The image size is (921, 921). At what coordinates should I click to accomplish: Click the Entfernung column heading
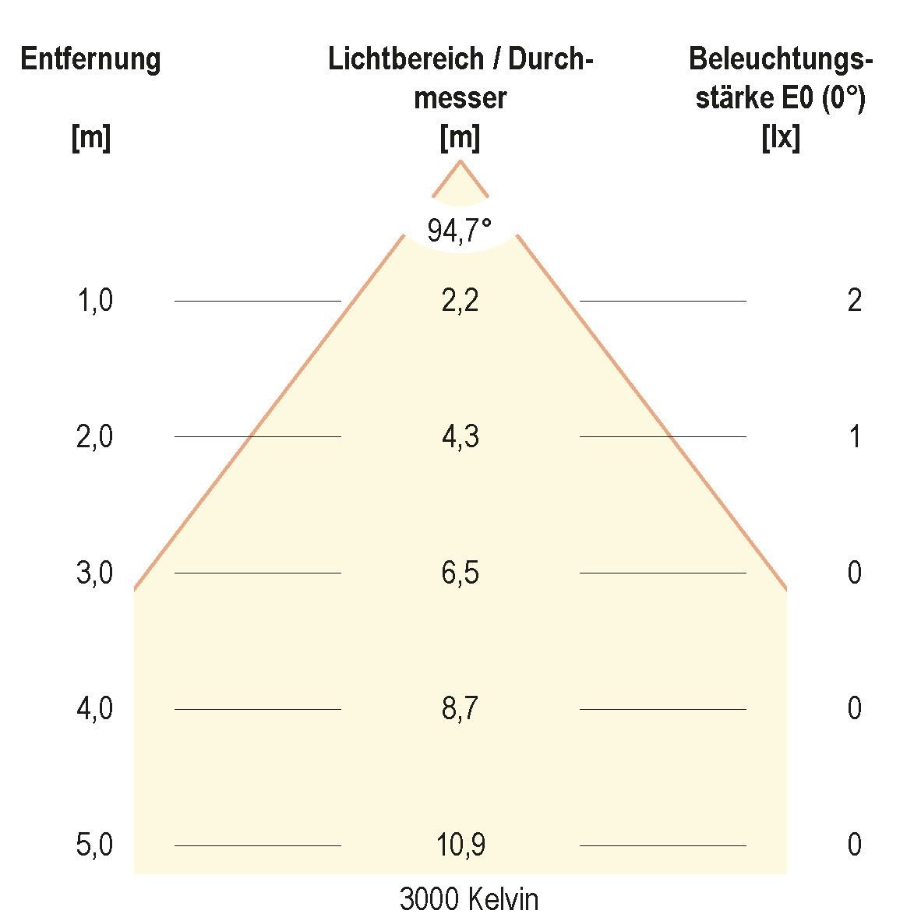coord(90,59)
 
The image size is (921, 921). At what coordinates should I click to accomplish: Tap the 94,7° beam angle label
coord(460,231)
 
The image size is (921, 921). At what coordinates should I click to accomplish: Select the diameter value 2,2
coord(460,300)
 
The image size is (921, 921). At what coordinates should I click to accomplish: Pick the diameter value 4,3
coord(460,436)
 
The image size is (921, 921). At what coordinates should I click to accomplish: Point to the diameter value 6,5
coord(460,573)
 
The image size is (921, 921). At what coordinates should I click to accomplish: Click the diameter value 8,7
coord(460,709)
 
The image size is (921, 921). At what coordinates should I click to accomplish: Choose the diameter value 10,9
coord(460,845)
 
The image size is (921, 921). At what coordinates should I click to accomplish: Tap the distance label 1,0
coord(95,300)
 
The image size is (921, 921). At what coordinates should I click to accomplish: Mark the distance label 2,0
coord(95,436)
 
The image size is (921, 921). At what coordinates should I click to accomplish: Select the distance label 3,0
coord(95,573)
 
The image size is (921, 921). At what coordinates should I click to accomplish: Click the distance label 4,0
coord(95,709)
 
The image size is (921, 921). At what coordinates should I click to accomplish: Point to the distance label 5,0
coord(95,845)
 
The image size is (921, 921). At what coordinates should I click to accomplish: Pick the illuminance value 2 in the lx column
coord(855,300)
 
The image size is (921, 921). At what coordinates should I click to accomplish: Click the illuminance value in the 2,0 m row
coord(855,436)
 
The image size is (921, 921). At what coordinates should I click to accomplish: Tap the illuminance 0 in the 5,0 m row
coord(855,845)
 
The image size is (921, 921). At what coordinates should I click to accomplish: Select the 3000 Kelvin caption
coord(468,899)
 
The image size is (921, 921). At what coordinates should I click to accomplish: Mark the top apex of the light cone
coord(460,161)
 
